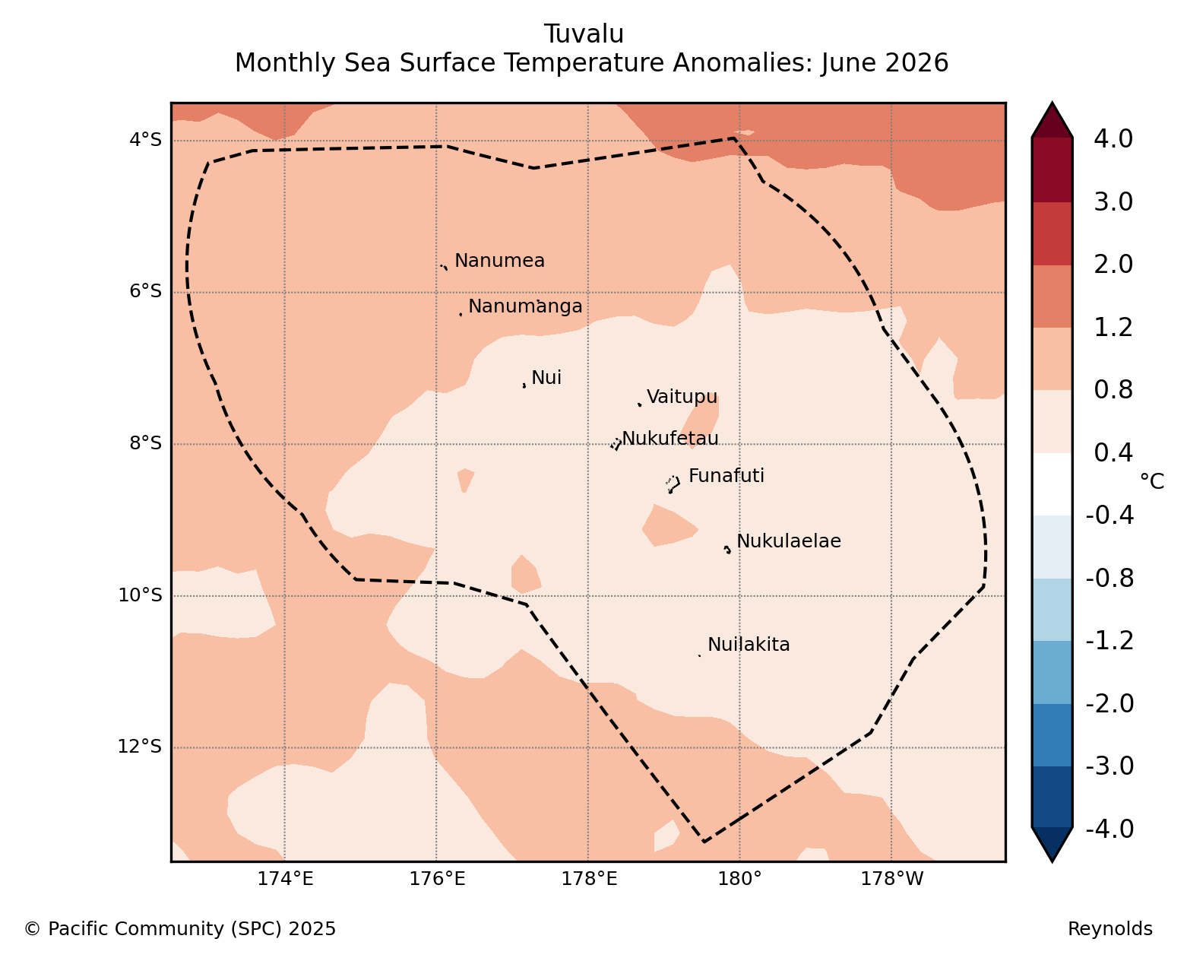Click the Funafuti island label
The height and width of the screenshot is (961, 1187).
[x=726, y=475]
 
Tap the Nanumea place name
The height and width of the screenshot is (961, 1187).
[x=499, y=260]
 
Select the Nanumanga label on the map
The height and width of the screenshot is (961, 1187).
[x=525, y=306]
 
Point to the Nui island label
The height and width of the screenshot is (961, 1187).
[x=546, y=377]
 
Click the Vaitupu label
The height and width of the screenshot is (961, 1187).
[x=682, y=396]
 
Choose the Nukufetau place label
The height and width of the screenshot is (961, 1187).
[x=670, y=438]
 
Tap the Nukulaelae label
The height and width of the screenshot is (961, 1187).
[x=789, y=541]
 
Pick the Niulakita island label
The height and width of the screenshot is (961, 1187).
[x=749, y=645]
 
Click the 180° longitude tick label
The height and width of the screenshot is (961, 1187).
[x=739, y=879]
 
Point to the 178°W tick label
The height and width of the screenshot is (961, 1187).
[x=891, y=879]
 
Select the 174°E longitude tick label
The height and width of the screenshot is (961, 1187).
[x=285, y=879]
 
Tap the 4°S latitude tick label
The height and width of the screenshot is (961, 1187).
[x=145, y=139]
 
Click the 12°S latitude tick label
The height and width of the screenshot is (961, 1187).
[x=139, y=747]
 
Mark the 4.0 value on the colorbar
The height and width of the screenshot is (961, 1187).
[x=1113, y=139]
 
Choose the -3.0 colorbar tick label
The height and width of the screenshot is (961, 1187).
[x=1109, y=766]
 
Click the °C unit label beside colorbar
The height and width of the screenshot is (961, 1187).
[x=1152, y=481]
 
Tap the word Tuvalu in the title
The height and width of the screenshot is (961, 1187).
[x=584, y=34]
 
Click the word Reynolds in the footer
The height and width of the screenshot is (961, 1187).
[x=1110, y=928]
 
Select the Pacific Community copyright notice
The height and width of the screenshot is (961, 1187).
[x=179, y=928]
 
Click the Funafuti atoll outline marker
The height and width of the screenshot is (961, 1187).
[x=673, y=484]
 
